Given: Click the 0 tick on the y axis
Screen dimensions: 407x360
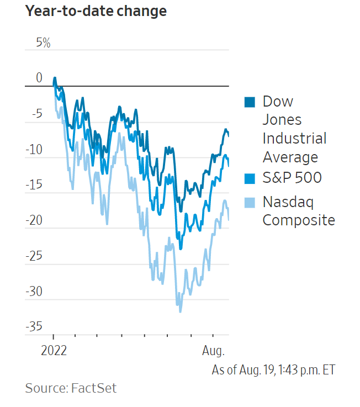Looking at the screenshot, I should [39, 78].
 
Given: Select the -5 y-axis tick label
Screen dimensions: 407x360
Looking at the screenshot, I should [36, 114].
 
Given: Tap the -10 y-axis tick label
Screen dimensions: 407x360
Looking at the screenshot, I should [34, 149].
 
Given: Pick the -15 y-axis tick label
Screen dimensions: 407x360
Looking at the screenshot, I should [34, 184].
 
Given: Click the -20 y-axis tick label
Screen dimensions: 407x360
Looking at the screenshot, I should [34, 220].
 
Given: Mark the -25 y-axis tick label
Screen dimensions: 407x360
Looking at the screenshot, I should [34, 256].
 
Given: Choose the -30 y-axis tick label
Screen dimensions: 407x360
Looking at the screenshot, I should [34, 291].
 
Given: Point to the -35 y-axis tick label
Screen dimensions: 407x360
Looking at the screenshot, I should [34, 326].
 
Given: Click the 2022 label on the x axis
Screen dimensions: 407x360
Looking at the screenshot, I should [54, 351].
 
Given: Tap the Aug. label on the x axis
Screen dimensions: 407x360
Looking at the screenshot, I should [213, 351].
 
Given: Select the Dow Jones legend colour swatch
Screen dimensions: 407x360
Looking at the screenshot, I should [250, 102].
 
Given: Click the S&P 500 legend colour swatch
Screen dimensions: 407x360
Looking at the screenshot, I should [250, 178].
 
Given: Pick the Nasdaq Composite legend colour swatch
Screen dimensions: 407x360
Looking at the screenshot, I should [250, 202].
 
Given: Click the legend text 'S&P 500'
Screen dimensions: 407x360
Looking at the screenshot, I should [292, 178].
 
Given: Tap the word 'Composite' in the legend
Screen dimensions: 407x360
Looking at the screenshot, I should [299, 220].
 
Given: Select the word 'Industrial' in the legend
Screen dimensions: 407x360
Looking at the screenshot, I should [294, 138].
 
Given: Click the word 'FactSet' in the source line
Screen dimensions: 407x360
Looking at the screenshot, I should [94, 388].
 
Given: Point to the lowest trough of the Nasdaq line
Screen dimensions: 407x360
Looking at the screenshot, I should [180, 311].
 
